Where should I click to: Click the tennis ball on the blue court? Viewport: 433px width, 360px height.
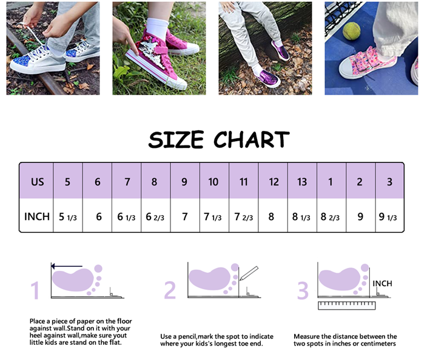[x=351, y=31]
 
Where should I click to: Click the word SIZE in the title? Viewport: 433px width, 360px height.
[x=176, y=139]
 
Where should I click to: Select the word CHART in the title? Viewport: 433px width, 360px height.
[x=251, y=139]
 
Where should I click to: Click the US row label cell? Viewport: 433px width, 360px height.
[x=37, y=181]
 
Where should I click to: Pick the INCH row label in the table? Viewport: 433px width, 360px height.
[x=37, y=216]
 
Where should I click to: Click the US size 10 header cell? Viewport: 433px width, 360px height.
[x=214, y=181]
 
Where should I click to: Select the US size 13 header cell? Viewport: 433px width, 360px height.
[x=302, y=181]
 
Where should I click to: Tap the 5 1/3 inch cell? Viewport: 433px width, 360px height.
[x=68, y=216]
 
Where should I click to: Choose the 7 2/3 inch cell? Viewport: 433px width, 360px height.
[x=244, y=216]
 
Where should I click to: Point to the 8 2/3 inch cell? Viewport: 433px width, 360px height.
[x=331, y=216]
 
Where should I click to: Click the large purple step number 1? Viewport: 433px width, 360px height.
[x=35, y=290]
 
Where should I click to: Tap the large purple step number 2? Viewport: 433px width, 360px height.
[x=170, y=290]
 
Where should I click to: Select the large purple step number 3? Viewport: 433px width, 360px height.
[x=303, y=290]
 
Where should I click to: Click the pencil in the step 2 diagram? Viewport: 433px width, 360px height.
[x=249, y=273]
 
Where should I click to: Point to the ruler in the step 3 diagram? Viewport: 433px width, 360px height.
[x=347, y=305]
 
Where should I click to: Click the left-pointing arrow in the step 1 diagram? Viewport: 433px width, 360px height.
[x=67, y=266]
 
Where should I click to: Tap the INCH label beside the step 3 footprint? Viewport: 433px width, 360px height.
[x=382, y=284]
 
